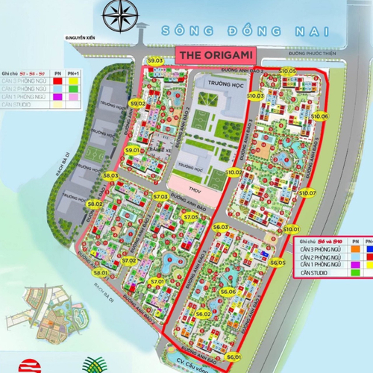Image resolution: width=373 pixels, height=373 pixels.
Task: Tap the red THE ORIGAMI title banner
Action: [213, 57]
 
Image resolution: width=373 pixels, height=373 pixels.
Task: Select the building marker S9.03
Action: [155, 60]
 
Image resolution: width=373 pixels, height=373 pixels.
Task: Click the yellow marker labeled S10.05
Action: [288, 70]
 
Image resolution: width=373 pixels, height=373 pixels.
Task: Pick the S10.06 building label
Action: [319, 117]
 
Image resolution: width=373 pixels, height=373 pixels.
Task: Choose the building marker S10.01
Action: [292, 229]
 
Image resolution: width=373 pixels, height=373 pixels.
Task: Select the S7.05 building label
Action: [189, 217]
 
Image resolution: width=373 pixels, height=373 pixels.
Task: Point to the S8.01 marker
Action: [101, 274]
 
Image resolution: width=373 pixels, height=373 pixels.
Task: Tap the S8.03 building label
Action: [110, 176]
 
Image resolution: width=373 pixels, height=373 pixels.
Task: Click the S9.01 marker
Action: [133, 150]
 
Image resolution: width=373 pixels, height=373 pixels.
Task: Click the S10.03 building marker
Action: [256, 96]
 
